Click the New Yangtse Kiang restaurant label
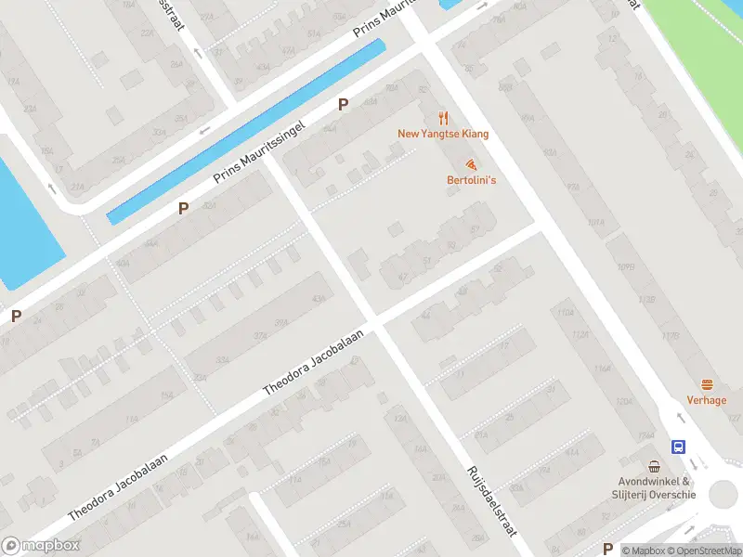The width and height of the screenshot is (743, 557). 443,134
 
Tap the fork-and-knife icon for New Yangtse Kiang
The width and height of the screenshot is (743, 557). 443,118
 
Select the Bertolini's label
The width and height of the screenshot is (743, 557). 471,179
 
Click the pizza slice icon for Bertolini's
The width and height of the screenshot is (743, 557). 472,163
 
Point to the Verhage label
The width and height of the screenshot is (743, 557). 707,400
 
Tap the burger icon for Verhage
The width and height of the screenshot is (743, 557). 707,384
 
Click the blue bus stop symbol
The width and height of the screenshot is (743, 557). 679,447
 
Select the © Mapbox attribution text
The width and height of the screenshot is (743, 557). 641,551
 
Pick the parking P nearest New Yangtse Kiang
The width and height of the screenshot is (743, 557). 343,105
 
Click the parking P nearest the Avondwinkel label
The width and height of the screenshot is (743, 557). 607,548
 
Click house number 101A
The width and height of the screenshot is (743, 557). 596,223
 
